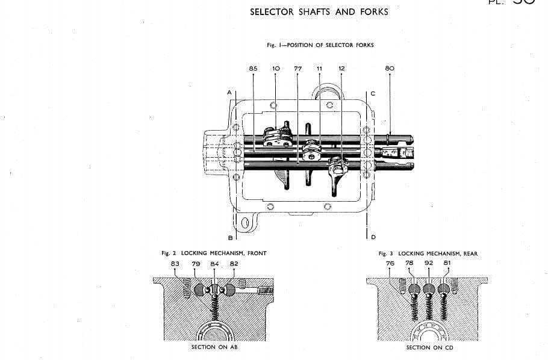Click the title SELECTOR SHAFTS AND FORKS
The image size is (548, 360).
319,12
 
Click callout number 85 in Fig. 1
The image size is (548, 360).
253,69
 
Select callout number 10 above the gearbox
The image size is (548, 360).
276,69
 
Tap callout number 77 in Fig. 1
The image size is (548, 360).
297,69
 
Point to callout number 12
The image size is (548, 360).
341,69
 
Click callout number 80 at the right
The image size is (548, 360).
389,69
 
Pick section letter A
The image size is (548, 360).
229,93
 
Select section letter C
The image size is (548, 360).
373,93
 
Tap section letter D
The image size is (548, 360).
373,237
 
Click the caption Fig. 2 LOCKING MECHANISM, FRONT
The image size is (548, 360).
214,253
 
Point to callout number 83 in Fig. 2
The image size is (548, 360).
175,264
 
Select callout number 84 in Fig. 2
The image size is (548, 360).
214,264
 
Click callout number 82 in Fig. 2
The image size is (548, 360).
234,264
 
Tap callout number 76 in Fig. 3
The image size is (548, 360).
390,264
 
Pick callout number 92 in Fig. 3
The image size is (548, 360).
428,264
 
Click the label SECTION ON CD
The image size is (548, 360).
429,347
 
